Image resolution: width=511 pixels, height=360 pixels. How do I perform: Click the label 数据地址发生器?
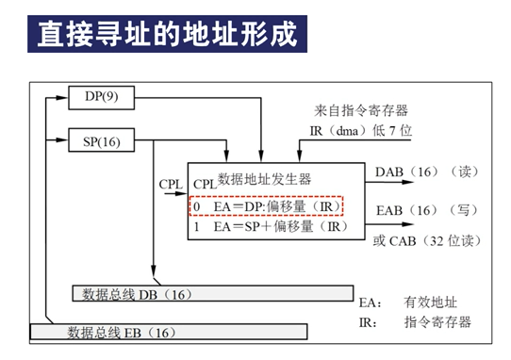click(x=264, y=177)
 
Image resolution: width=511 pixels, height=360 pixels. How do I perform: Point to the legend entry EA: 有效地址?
click(x=414, y=303)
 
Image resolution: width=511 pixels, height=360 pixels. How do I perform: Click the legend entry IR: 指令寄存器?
click(x=414, y=322)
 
